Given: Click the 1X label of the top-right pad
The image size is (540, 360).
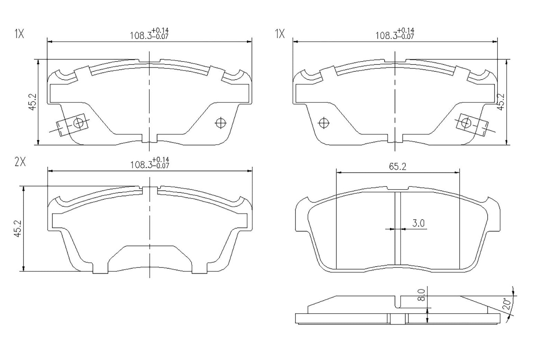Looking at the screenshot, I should point(280,34).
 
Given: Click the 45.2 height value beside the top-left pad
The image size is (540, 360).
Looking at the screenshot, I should point(33,102).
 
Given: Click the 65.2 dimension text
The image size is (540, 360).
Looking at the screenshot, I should point(397,167).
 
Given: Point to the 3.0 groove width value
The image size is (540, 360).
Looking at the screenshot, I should point(418,224).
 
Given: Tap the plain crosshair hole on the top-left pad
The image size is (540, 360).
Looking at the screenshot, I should point(221,123).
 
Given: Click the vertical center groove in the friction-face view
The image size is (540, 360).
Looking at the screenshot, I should point(398,230).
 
